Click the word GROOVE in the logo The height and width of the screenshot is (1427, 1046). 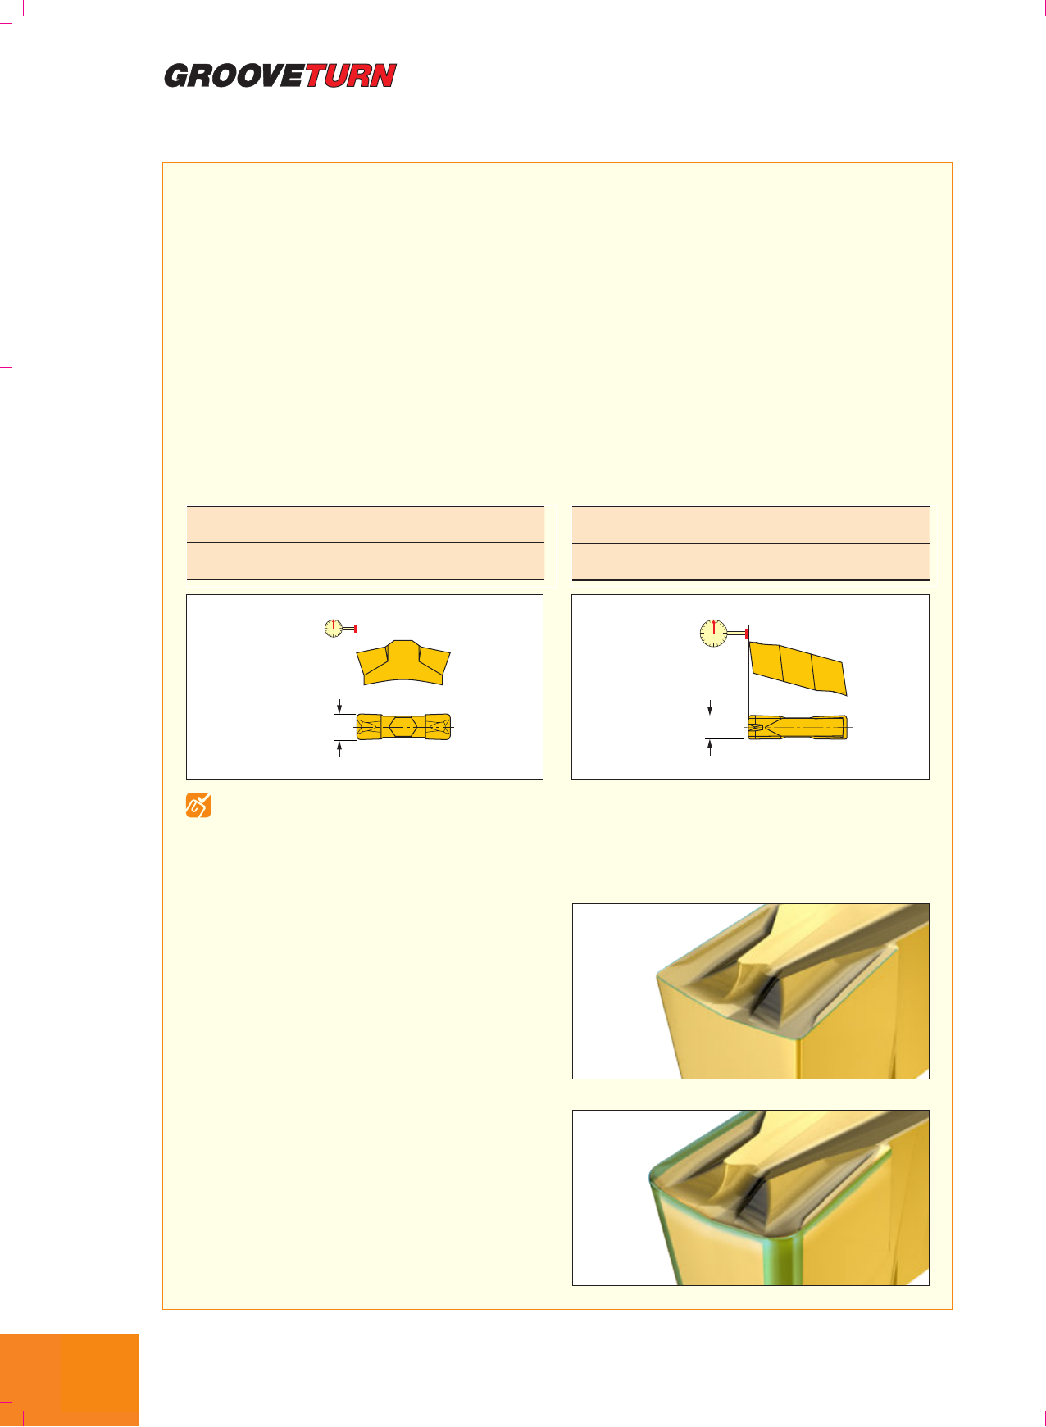pos(234,76)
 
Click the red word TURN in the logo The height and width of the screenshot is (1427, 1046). pos(351,76)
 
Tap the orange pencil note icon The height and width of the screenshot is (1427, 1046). pos(198,806)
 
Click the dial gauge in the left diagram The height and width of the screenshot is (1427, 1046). pos(334,629)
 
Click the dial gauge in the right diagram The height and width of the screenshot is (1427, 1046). pos(715,634)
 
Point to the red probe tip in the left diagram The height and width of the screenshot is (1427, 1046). pos(356,629)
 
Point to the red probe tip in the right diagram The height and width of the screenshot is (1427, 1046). pos(748,634)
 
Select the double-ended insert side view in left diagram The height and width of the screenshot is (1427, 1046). pos(404,662)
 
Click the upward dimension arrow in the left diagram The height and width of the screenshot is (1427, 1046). pos(339,748)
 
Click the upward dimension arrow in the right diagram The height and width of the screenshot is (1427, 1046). pos(710,748)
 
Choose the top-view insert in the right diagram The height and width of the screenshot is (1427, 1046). pos(797,727)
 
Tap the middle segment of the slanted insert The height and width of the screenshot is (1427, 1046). pos(797,667)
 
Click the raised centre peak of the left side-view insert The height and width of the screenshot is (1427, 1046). pos(402,646)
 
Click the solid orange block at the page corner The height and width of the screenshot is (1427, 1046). pos(70,1380)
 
